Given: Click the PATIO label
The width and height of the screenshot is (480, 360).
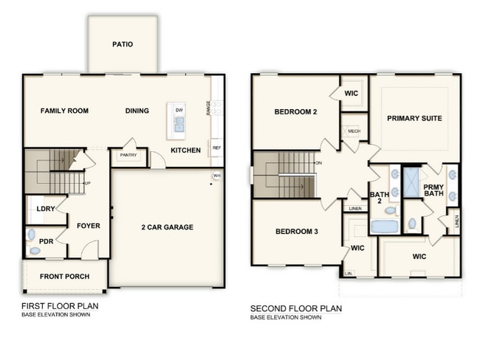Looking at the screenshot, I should [x=123, y=44].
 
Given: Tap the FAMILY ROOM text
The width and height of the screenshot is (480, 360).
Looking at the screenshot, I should [x=64, y=111].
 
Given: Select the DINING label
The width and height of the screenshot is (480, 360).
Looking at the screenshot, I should [x=137, y=111].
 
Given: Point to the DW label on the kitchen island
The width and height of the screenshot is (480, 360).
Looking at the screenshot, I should [x=179, y=110].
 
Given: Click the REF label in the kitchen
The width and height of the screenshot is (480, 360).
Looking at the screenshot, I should [x=216, y=148].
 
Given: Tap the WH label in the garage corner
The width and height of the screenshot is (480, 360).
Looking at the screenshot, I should [x=217, y=176].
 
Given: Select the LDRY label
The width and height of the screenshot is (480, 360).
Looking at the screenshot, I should [x=45, y=209].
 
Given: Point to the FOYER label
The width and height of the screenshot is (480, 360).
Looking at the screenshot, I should [x=88, y=226].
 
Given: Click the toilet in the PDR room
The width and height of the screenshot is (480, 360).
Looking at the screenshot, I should [x=32, y=236].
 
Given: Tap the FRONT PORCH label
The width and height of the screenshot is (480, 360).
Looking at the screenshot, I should [x=66, y=277].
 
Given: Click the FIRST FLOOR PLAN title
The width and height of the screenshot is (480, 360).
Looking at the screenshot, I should [x=60, y=305].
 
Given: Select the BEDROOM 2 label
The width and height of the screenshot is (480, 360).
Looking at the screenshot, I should [x=295, y=112].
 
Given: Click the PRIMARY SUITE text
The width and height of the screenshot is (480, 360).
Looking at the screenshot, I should [x=414, y=118].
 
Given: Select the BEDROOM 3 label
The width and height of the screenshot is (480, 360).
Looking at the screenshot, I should [x=296, y=232].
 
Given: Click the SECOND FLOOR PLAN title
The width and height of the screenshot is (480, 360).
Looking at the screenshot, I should [x=295, y=308].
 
